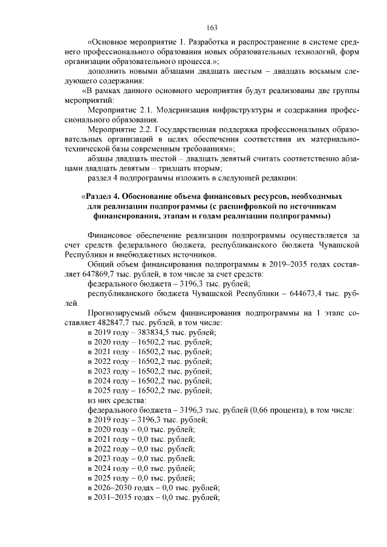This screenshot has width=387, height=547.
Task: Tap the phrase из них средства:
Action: click(117, 400)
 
